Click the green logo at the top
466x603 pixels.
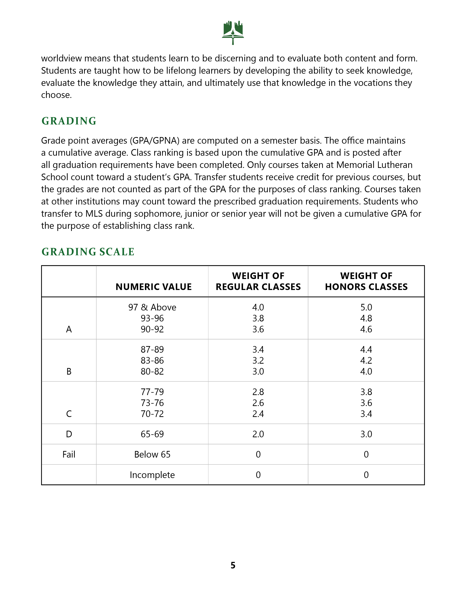[233, 33]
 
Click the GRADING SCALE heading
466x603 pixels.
[88, 252]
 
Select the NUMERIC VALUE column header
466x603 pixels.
[154, 287]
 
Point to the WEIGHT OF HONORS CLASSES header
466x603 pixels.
[366, 281]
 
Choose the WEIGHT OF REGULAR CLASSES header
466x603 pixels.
[258, 281]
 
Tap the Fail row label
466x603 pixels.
[69, 454]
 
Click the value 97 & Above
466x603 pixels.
[152, 307]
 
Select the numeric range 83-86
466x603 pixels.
[152, 360]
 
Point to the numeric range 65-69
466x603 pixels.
[152, 434]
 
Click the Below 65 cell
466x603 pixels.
[152, 454]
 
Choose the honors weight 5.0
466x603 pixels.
[366, 307]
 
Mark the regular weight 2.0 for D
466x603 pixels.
[258, 434]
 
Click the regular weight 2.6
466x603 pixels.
[258, 403]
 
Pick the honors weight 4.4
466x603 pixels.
[366, 350]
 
